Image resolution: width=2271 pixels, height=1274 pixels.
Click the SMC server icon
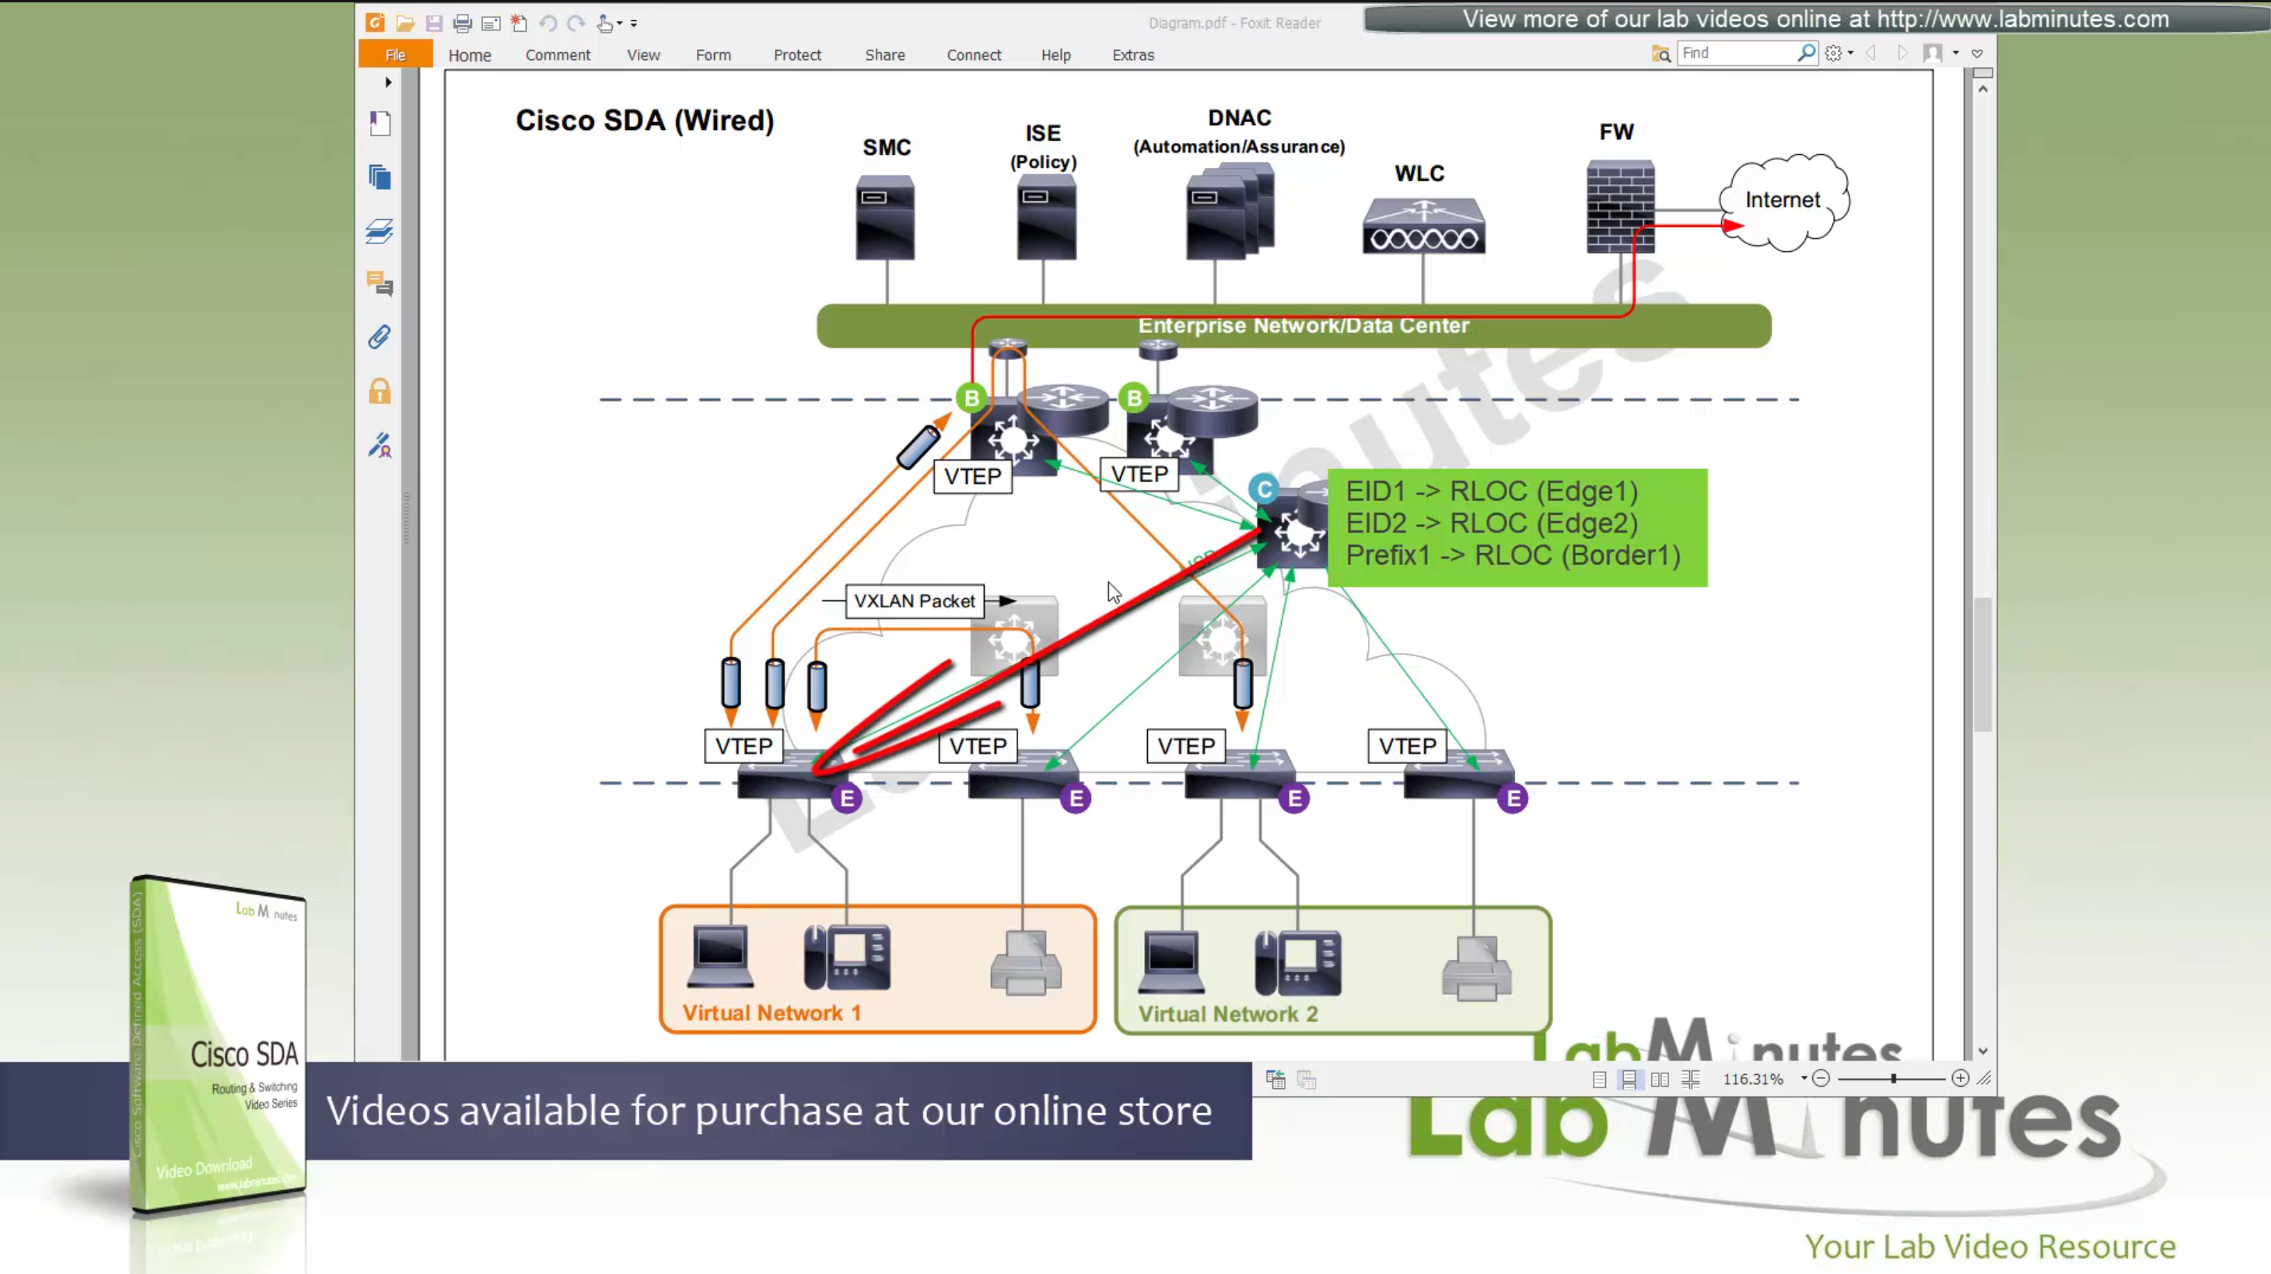tap(885, 217)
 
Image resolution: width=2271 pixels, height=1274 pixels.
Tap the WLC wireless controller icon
tap(1424, 226)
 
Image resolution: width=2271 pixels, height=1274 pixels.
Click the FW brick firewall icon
tap(1619, 206)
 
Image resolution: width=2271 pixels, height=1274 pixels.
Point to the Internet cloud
tap(1783, 201)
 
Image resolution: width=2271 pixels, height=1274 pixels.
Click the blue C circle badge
tap(1263, 489)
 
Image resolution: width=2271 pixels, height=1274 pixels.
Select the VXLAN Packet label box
tap(914, 601)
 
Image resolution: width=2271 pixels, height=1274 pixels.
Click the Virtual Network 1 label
tap(772, 1013)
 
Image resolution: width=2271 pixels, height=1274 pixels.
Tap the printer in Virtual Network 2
tap(1477, 969)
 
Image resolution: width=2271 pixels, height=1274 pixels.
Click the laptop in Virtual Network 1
tap(720, 956)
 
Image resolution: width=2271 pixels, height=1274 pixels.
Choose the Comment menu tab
tap(557, 54)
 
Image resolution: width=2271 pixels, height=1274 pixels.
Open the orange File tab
tap(395, 54)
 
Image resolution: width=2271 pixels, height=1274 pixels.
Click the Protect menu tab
tap(797, 54)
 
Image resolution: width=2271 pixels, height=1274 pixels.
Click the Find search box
tap(1737, 53)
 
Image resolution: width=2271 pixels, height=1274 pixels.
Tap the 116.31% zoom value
tap(1752, 1079)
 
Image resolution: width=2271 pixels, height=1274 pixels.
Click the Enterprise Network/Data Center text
tap(1303, 325)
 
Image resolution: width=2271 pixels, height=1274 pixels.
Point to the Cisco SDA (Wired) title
tap(645, 121)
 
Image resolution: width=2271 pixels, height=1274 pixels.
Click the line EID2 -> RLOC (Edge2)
tap(1492, 523)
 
